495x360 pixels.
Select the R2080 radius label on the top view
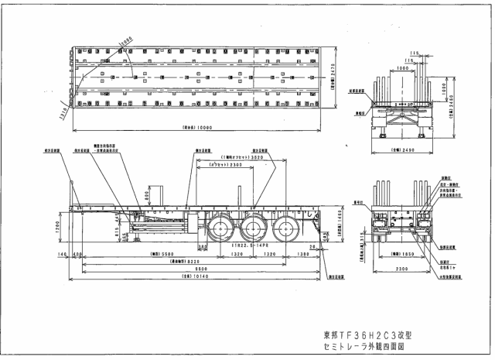(125, 38)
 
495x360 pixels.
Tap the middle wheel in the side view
(252, 230)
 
